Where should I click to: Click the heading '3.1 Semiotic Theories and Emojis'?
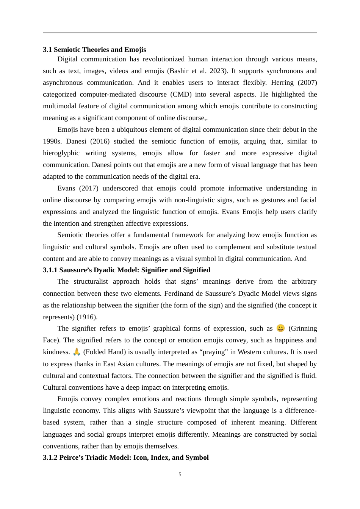(x=94, y=50)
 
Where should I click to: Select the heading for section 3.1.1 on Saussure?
(x=127, y=270)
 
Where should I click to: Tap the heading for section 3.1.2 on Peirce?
(x=126, y=457)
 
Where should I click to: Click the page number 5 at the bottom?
(x=180, y=474)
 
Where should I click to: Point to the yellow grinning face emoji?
(x=280, y=328)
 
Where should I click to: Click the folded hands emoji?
(x=77, y=352)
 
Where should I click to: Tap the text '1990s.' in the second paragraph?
(x=52, y=141)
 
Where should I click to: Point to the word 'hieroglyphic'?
(x=61, y=153)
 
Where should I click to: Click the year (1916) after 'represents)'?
(x=87, y=317)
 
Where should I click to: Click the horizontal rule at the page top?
(x=180, y=33)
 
